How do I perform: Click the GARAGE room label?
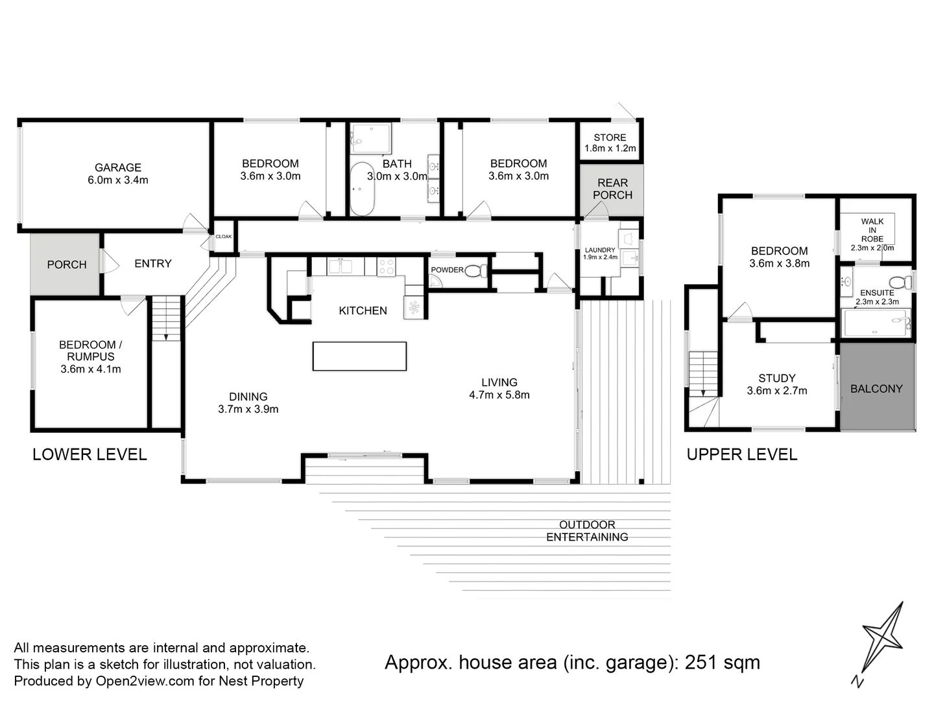(118, 167)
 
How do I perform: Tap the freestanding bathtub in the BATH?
(362, 189)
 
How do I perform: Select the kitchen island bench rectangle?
(359, 356)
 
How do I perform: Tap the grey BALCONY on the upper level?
(877, 387)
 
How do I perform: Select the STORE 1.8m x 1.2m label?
(610, 143)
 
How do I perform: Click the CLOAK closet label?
(224, 236)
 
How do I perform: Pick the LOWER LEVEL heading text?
(90, 454)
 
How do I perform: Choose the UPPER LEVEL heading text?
(741, 454)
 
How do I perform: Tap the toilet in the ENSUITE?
(898, 283)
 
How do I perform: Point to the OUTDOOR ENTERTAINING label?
(587, 531)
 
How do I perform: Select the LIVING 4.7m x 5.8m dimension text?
(499, 395)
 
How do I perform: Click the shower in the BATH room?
(370, 138)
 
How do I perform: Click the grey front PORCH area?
(66, 264)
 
